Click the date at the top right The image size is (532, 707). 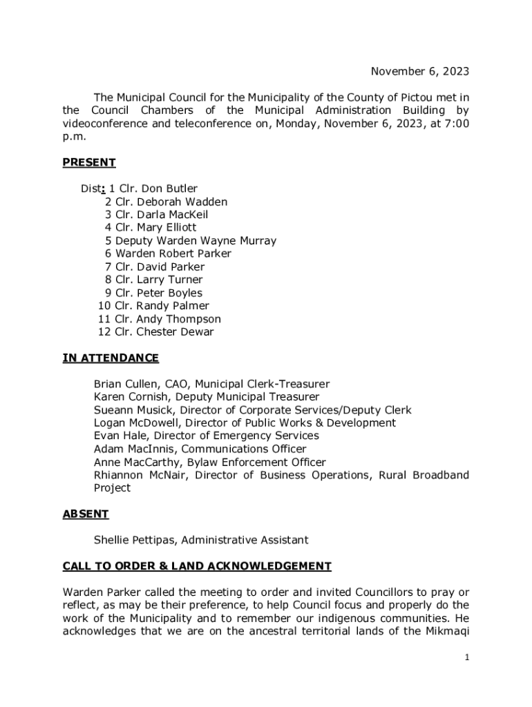[x=420, y=71]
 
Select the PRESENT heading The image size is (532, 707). [x=89, y=163]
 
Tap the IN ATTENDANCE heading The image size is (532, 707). [x=111, y=358]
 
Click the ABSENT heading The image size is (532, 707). [x=86, y=514]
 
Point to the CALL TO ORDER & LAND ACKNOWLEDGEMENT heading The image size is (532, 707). [x=197, y=566]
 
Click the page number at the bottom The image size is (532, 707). [x=467, y=658]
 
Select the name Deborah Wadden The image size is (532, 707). [x=182, y=202]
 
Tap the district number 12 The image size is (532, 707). [x=104, y=332]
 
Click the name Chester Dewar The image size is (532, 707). [x=175, y=332]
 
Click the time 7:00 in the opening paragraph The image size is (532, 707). [x=455, y=124]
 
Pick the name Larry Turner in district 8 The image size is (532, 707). [x=169, y=280]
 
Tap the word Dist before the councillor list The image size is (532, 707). [x=91, y=188]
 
